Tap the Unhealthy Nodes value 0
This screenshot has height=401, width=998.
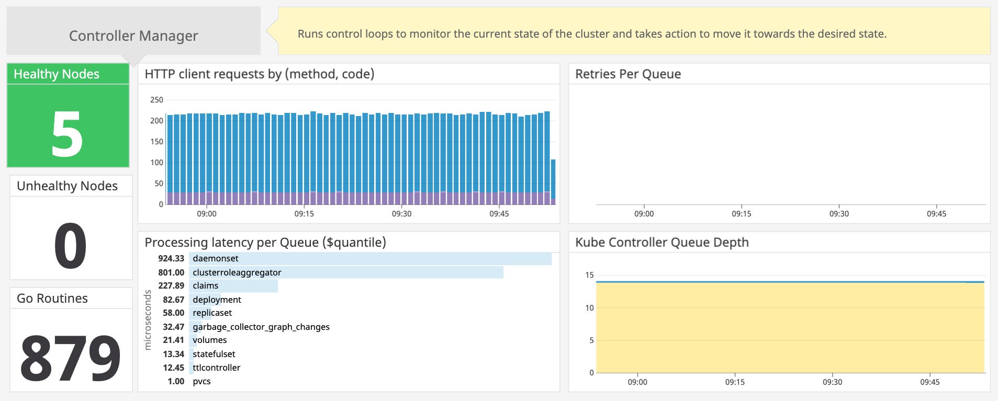pos(71,245)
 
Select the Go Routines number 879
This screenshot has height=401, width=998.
pos(71,358)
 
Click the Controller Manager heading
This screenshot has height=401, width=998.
pos(133,36)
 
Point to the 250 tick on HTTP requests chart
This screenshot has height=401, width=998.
pos(156,100)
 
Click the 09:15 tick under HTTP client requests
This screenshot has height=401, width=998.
pos(304,214)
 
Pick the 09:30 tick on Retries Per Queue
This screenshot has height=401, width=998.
pos(839,214)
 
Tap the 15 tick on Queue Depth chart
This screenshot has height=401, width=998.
pos(589,275)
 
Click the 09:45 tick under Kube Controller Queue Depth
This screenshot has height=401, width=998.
pos(929,382)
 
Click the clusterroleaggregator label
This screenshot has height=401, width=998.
pos(237,272)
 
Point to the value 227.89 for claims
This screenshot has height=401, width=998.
pos(171,286)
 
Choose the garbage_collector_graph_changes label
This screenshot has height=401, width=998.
pos(261,327)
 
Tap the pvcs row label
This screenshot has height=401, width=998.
pos(201,381)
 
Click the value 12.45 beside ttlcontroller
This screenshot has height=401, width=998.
pos(173,368)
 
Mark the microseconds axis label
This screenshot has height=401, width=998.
pos(148,320)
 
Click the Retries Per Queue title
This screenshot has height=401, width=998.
pos(627,74)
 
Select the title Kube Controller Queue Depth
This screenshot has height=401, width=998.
pos(661,243)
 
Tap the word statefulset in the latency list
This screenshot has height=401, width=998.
pos(214,354)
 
